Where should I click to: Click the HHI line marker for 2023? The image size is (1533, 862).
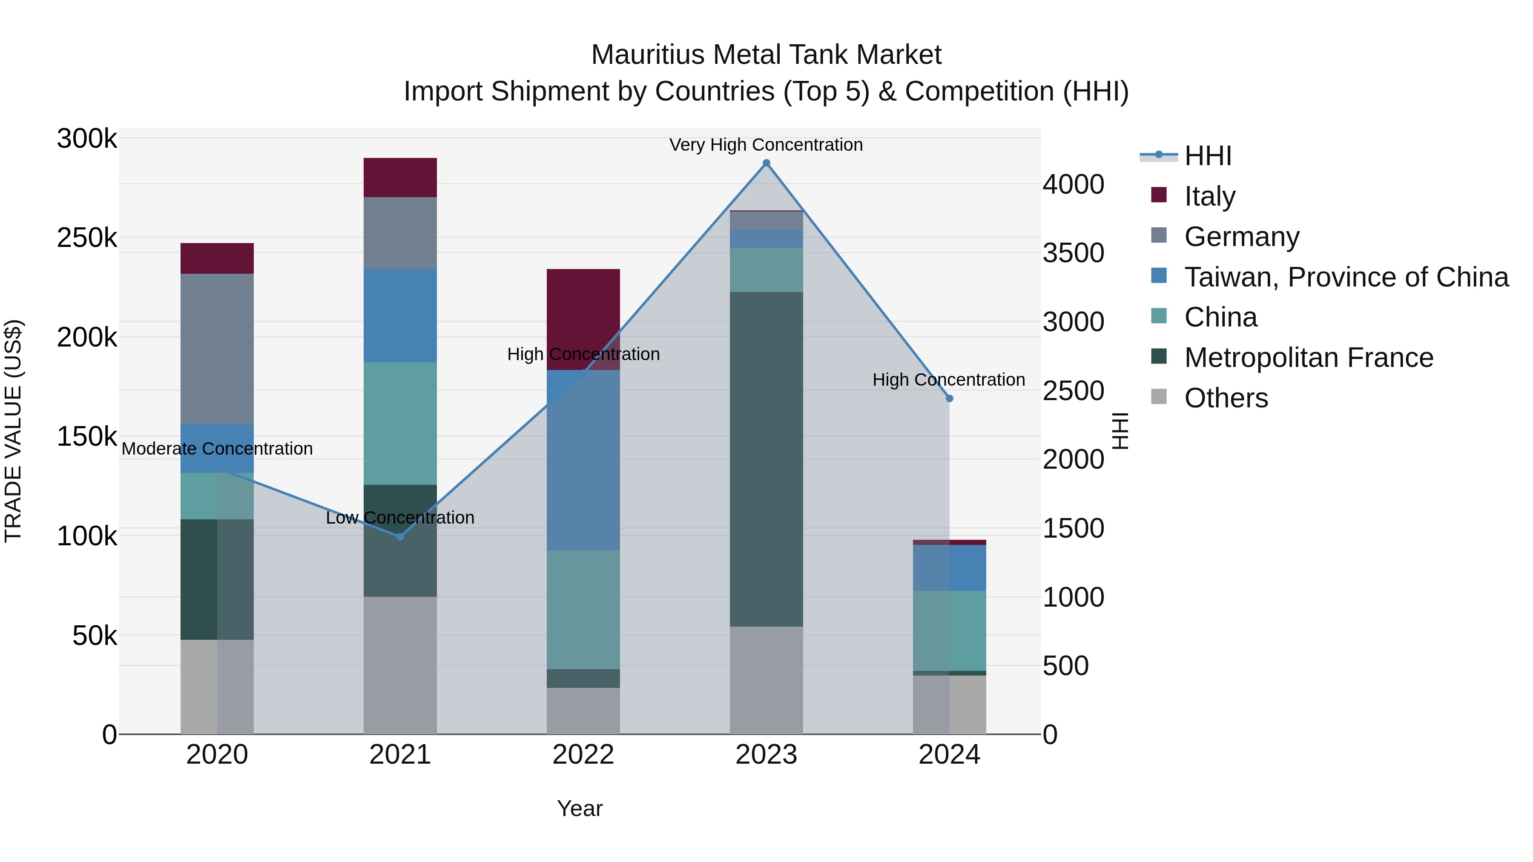(766, 163)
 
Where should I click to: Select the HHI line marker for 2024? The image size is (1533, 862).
(949, 398)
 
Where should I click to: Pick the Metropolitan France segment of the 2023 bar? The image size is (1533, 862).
(766, 458)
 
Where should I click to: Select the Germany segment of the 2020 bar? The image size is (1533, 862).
(217, 349)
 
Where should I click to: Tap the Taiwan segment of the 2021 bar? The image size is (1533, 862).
(400, 315)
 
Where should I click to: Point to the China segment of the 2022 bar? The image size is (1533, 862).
(583, 609)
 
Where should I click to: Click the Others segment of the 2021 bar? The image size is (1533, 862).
(400, 665)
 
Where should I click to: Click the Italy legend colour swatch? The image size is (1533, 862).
(1159, 195)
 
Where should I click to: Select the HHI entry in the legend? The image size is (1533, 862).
(1208, 156)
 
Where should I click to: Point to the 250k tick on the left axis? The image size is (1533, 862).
(87, 238)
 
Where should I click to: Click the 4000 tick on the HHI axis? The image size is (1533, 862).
(1073, 184)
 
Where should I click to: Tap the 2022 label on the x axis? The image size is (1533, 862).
(583, 755)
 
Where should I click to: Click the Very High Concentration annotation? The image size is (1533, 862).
(766, 145)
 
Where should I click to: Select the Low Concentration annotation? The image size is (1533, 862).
(400, 518)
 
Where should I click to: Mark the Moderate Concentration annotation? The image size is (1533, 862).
(217, 449)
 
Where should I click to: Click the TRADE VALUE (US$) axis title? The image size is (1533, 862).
(13, 431)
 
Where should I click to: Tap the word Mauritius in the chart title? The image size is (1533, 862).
(647, 55)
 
